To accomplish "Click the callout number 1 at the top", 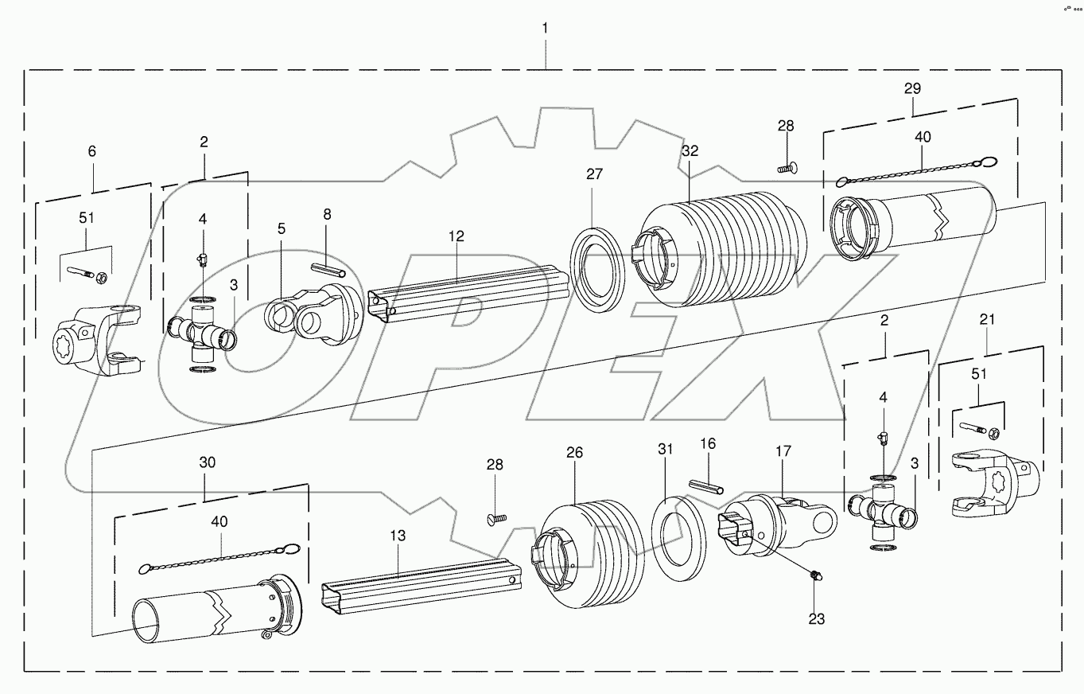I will click(x=545, y=28).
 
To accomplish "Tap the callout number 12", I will click(x=456, y=236).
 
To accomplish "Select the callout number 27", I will click(x=596, y=175).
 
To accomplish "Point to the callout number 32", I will click(x=690, y=150).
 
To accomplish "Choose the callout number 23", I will click(x=817, y=618).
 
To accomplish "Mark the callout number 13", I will click(x=398, y=536).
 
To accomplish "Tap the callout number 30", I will click(x=207, y=462).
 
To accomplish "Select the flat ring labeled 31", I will click(x=680, y=532).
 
